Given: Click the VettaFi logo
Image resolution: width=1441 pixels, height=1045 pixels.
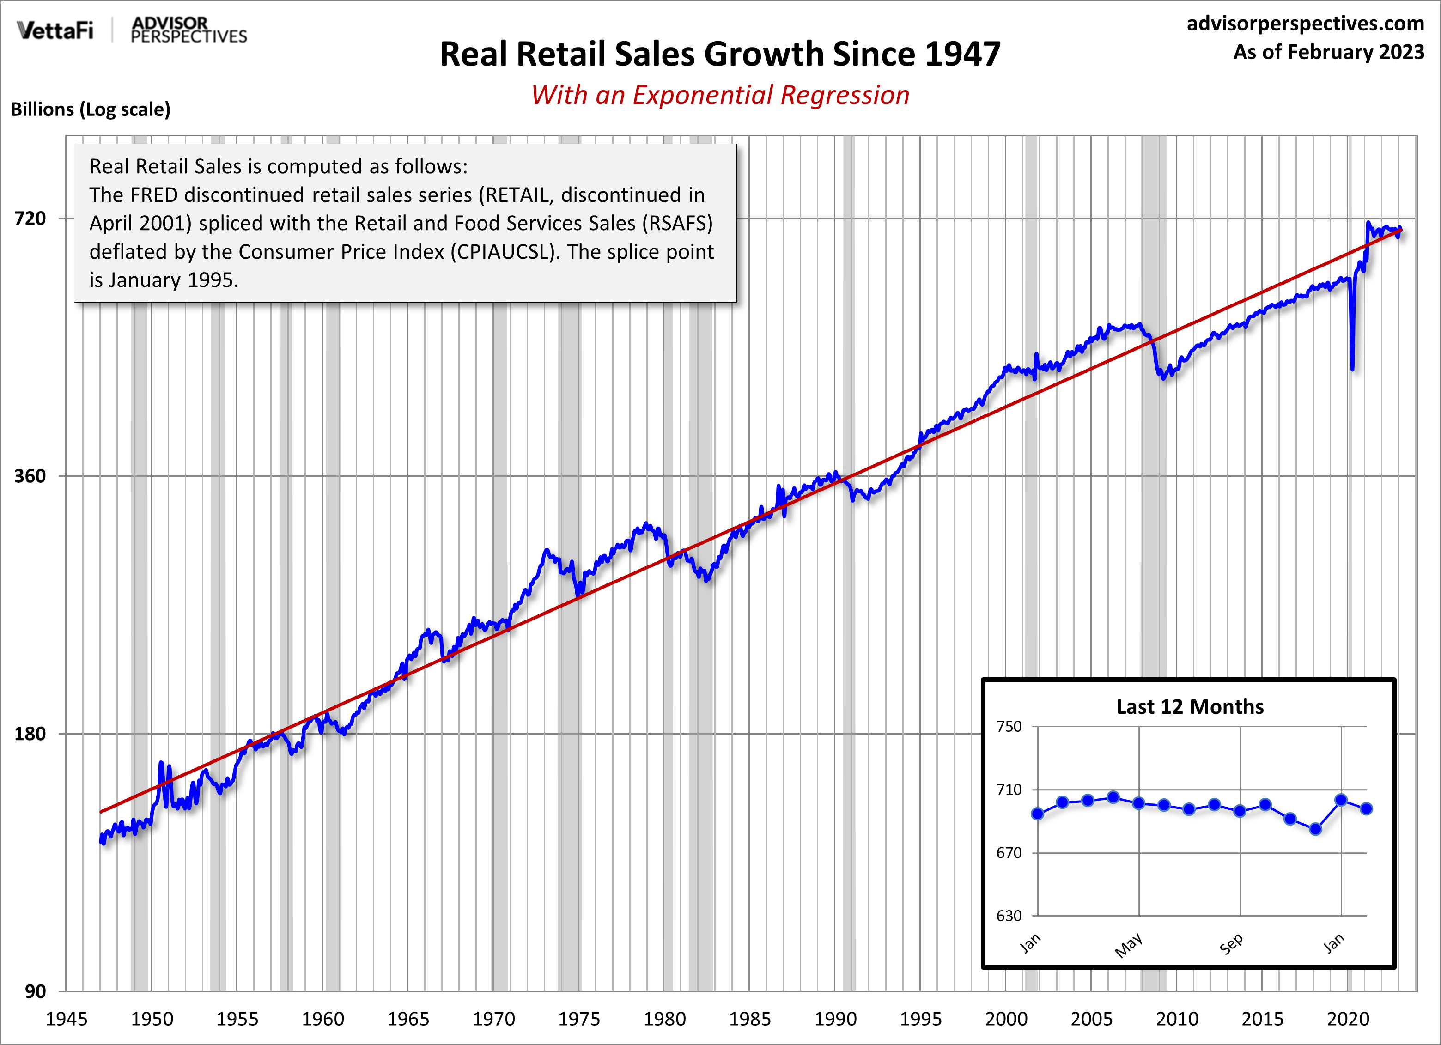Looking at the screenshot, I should point(55,30).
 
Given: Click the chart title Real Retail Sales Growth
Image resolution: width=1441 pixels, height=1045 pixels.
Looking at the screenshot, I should point(720,54).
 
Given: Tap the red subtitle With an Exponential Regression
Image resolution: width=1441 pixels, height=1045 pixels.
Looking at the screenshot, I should point(720,95).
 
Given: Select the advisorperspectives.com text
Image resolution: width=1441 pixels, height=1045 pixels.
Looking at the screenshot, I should point(1305,24).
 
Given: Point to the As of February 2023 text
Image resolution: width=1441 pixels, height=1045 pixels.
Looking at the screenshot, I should point(1329,52).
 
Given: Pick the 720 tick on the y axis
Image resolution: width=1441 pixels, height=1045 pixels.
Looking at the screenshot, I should point(30,219).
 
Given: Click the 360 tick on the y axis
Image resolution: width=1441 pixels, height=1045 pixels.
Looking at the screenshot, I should point(30,476).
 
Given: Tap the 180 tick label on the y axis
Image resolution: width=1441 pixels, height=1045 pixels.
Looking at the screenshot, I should point(30,734).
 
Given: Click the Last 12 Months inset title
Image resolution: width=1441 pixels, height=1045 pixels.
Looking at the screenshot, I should point(1190,707).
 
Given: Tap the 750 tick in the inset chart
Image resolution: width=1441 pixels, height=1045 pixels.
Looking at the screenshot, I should point(1009,726).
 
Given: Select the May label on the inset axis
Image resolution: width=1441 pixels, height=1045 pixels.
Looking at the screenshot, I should point(1128,945).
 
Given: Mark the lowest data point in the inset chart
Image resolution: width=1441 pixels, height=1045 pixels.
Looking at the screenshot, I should point(1316,829).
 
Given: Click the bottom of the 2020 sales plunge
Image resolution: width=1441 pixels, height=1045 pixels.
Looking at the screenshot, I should point(1352,369).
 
